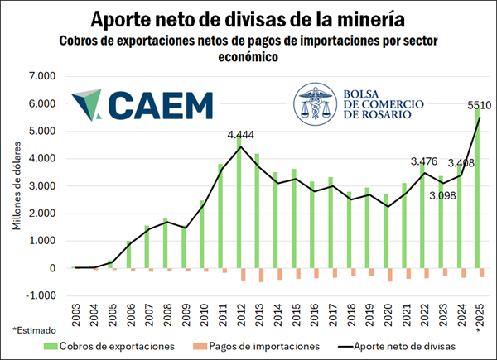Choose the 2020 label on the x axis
coord(387,319)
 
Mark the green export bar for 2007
coord(147,247)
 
